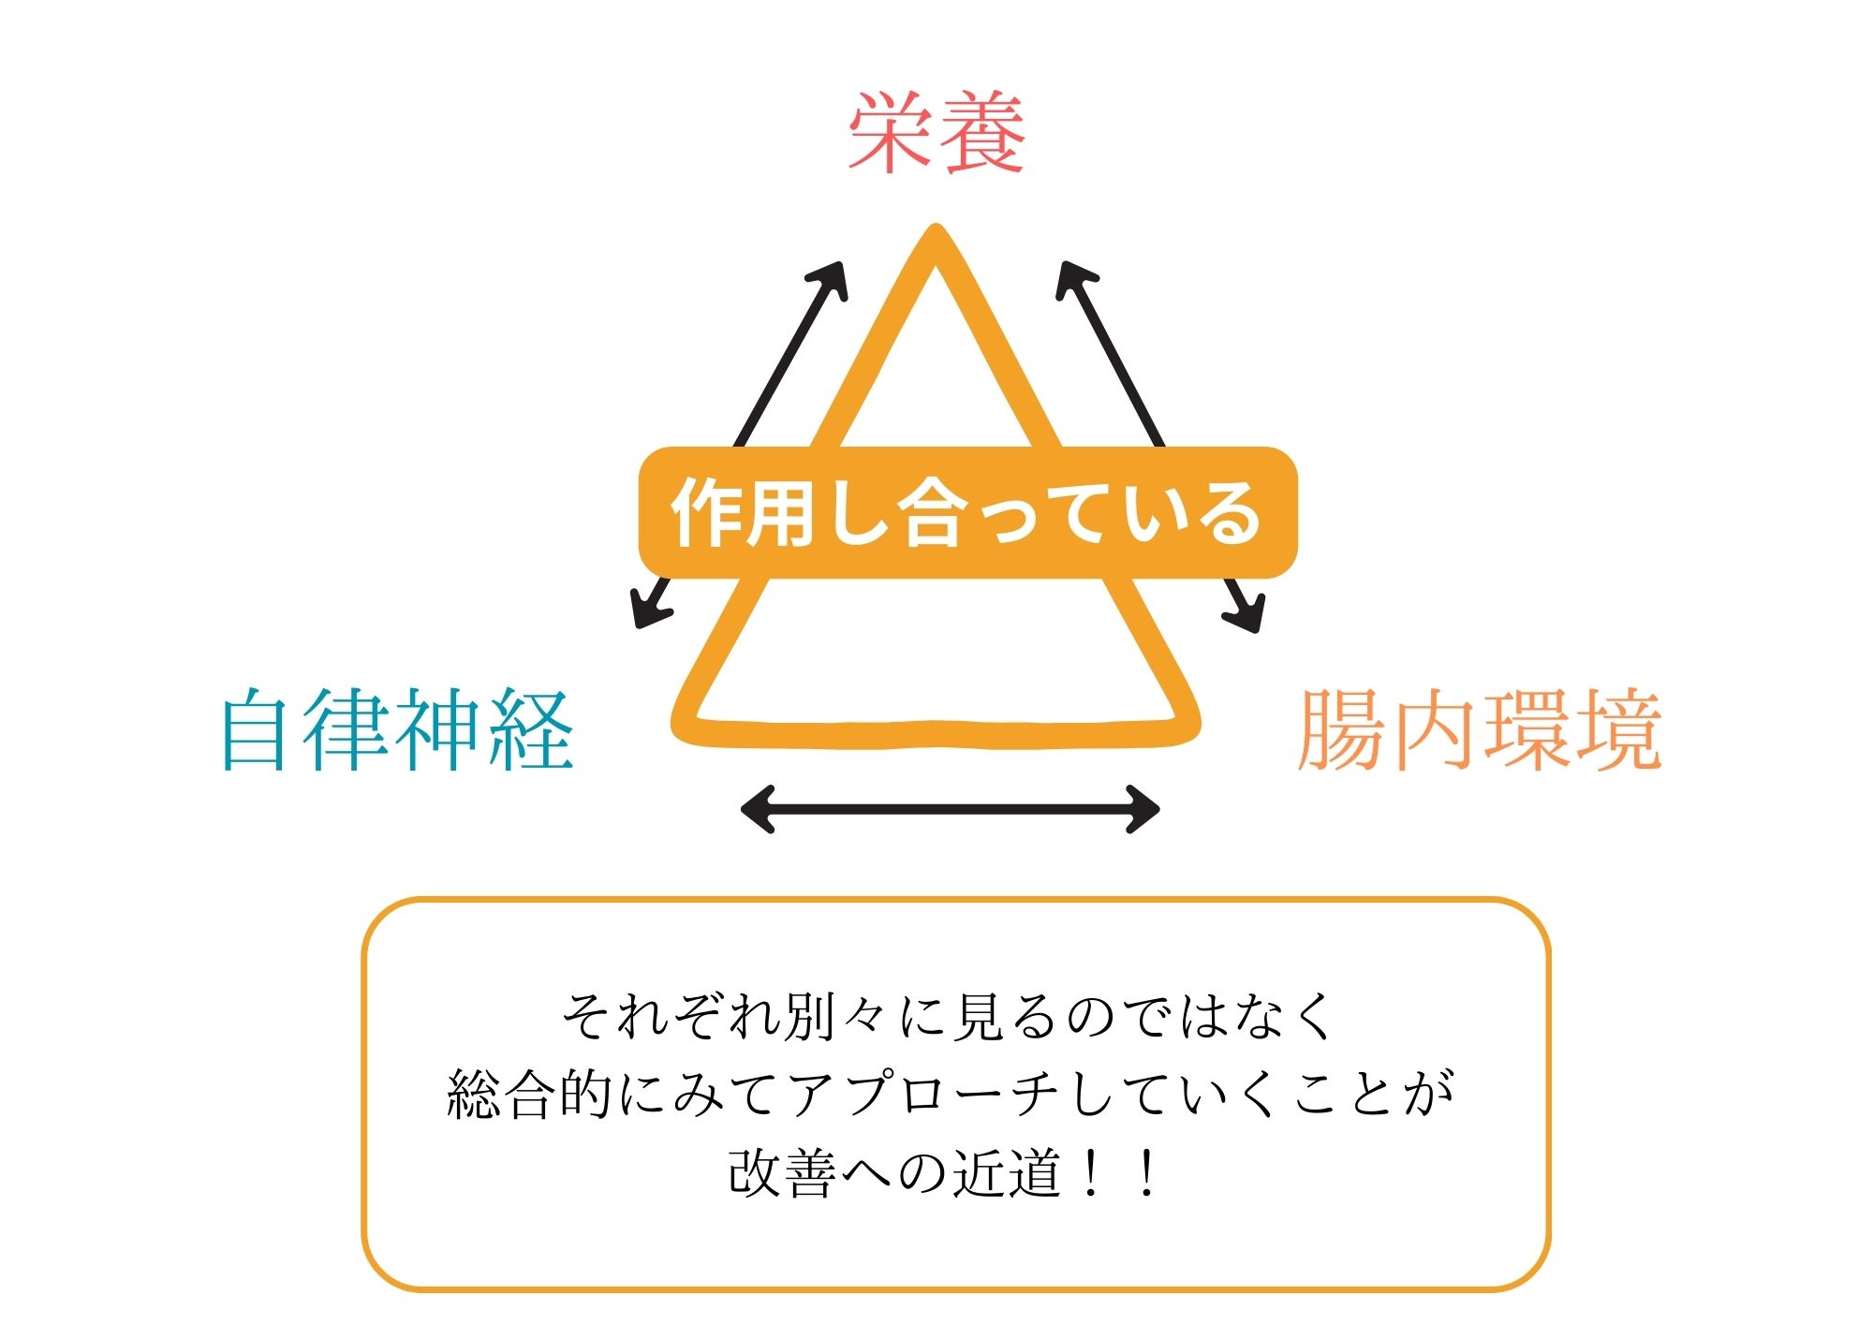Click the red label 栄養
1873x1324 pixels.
pyautogui.click(x=936, y=132)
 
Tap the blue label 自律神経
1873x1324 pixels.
pyautogui.click(x=397, y=729)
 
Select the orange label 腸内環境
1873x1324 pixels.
pyautogui.click(x=1480, y=729)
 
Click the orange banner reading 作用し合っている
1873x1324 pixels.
pyautogui.click(x=967, y=512)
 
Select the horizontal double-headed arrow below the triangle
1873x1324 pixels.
pyautogui.click(x=950, y=809)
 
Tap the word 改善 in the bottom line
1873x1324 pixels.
pyautogui.click(x=782, y=1173)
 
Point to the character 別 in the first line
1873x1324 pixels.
pyautogui.click(x=811, y=1016)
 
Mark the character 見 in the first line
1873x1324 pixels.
pyautogui.click(x=978, y=1016)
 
